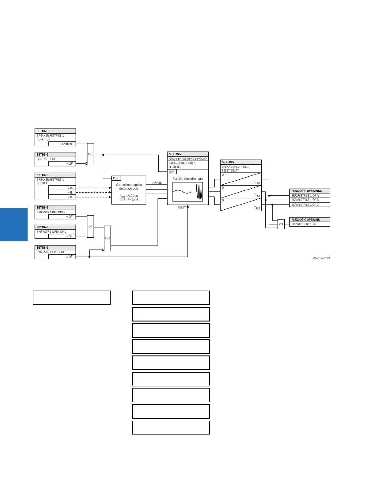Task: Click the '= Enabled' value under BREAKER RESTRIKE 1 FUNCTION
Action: point(66,144)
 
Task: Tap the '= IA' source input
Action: point(70,188)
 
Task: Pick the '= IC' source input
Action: point(70,197)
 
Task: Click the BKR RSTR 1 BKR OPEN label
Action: point(51,212)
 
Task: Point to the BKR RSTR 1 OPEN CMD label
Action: point(51,232)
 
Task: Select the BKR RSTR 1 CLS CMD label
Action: point(50,252)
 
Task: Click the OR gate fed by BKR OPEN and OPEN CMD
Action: point(90,227)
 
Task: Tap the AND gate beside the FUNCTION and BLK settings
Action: point(90,154)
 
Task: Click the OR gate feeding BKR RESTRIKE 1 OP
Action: point(281,224)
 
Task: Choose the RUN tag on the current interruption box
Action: point(116,179)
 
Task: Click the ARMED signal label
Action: point(157,183)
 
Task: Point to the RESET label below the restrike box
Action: point(182,208)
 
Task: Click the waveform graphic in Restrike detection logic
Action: point(188,192)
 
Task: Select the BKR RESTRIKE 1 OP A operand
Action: point(305,195)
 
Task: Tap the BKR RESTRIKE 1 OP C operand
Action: point(305,205)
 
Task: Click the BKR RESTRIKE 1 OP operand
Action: point(304,224)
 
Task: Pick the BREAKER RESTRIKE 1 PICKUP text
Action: point(188,159)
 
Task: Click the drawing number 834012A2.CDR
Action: point(322,258)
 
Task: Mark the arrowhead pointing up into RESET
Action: point(188,206)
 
